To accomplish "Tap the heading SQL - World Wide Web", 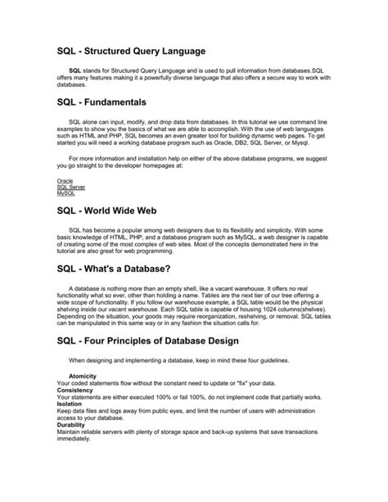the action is coord(112,211).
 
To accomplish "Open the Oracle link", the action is coord(65,179).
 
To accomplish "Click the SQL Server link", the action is coord(71,186).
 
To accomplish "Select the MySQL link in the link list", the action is coord(65,192).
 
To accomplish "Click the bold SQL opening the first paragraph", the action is coord(75,71).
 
